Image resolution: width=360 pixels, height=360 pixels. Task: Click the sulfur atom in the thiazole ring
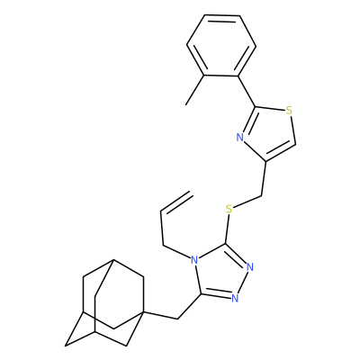[x=289, y=111]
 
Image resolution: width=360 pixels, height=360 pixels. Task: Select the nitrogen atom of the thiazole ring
[x=239, y=138]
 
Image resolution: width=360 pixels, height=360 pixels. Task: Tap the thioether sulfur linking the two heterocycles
[x=229, y=209]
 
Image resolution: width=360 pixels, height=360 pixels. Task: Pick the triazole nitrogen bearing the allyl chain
[x=194, y=260]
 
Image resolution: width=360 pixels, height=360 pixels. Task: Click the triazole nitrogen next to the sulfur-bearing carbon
[x=250, y=266]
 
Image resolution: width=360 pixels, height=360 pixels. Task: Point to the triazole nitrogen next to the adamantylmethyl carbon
[x=235, y=298]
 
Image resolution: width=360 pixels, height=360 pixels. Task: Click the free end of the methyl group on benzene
[x=186, y=104]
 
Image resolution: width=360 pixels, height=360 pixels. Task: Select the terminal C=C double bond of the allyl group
[x=177, y=202]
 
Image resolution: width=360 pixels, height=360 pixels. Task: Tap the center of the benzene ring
[x=221, y=45]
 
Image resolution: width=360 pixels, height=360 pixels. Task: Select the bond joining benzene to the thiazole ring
[x=247, y=91]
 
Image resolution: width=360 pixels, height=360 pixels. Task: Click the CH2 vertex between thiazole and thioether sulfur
[x=262, y=196]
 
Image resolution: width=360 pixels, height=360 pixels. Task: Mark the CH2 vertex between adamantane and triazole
[x=178, y=319]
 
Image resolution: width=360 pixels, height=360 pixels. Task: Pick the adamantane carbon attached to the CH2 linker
[x=144, y=312]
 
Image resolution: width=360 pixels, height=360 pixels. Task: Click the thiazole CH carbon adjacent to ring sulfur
[x=296, y=145]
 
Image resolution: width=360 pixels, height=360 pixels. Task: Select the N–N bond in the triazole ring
[x=243, y=282]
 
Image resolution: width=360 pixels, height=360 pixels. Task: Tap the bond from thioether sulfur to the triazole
[x=228, y=229]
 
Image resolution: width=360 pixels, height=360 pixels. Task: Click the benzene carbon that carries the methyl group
[x=204, y=76]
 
